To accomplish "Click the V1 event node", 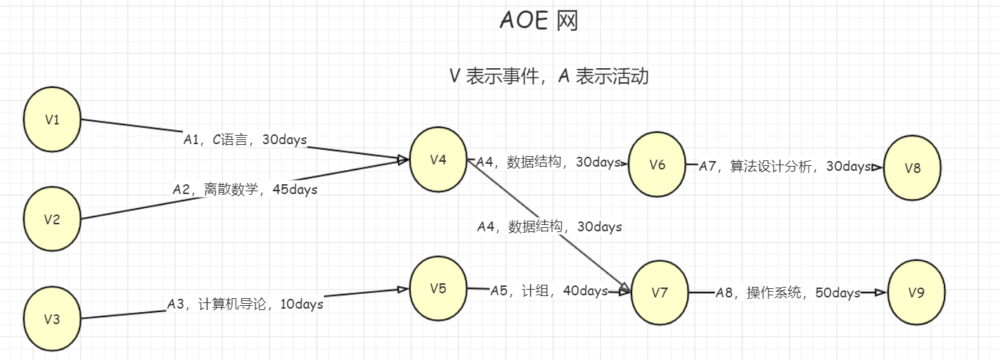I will coord(52,120).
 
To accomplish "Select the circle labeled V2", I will coord(52,219).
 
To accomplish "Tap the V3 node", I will coord(52,319).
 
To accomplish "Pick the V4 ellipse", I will coord(438,160).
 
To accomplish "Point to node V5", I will coord(438,288).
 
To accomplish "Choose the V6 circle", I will coord(658,165).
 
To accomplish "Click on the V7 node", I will coord(660,292).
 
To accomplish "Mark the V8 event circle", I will coord(912,168).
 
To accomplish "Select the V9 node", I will coord(916,293).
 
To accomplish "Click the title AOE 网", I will coord(539,21).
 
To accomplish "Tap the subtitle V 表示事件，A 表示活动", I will coord(549,76).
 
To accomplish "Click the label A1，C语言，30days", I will coord(245,140).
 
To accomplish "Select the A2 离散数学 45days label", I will coord(245,189).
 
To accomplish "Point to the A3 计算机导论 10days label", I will coord(245,304).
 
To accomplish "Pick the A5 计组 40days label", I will coord(549,291).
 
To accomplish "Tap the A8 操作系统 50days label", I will coord(788,293).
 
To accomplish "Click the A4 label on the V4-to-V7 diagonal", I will coord(549,226).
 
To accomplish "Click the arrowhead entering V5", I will coord(404,289).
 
